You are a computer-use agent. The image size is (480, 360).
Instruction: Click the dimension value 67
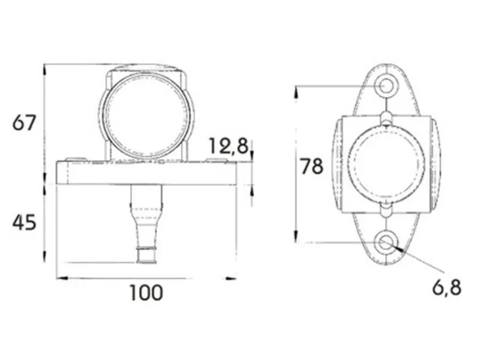pos(25,123)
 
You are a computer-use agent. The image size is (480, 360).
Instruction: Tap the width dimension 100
pos(146,293)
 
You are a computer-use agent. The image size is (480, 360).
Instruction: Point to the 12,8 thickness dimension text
pos(228,146)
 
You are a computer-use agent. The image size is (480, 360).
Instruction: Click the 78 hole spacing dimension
pos(312,166)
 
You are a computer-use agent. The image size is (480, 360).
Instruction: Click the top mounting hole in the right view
pos(386,86)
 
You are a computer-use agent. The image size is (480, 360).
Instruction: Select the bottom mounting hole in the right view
pos(386,243)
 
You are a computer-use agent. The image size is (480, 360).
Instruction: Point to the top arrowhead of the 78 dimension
pos(296,90)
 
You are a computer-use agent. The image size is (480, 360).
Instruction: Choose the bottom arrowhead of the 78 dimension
pos(296,238)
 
